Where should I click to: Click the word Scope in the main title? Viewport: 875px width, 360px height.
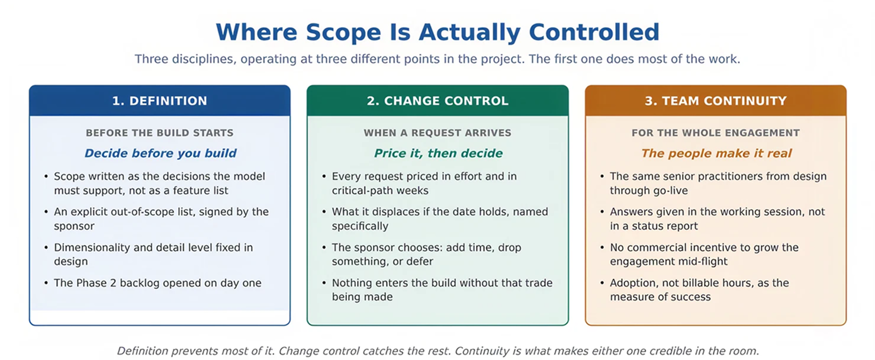click(x=343, y=33)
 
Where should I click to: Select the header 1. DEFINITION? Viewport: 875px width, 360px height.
click(x=160, y=101)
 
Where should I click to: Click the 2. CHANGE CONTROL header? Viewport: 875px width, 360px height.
click(x=437, y=101)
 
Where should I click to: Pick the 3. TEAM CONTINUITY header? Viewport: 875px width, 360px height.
click(x=716, y=101)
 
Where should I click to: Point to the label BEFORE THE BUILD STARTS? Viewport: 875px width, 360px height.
click(x=160, y=133)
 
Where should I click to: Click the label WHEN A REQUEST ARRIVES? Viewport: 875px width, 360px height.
click(x=437, y=133)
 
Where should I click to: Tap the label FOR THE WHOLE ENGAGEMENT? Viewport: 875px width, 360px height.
click(x=716, y=133)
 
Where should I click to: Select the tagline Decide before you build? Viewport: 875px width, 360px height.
click(x=160, y=153)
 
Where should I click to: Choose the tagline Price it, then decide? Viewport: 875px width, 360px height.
click(x=438, y=153)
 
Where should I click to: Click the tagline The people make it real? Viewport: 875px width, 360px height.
click(x=716, y=153)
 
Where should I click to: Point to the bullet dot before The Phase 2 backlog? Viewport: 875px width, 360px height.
click(x=46, y=283)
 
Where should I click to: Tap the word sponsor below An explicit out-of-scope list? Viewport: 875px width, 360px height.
click(x=74, y=226)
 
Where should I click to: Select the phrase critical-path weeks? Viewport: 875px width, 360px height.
click(x=380, y=191)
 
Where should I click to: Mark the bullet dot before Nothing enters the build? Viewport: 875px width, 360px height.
click(x=324, y=283)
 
